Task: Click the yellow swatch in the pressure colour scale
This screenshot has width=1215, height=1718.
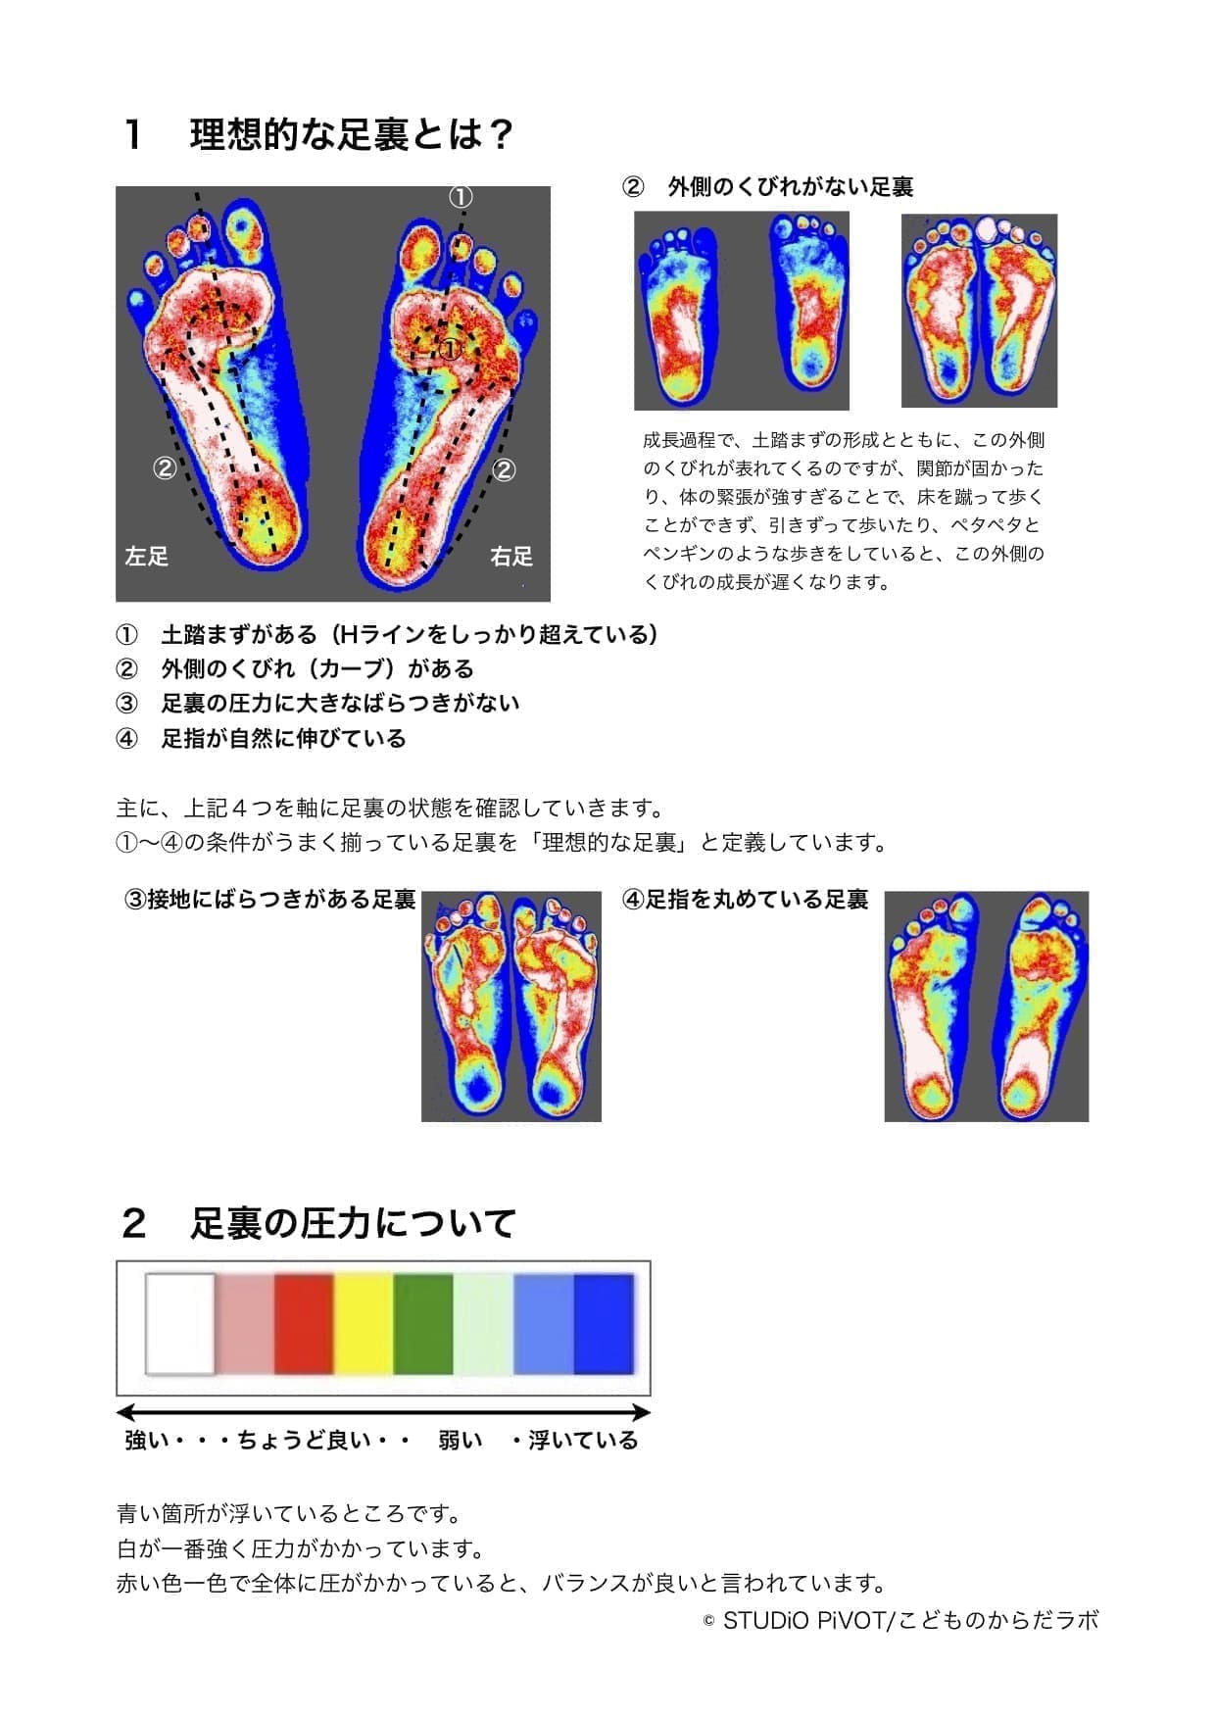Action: [x=364, y=1324]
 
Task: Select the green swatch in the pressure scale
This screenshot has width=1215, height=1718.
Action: [x=423, y=1324]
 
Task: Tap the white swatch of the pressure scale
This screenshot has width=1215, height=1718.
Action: [x=180, y=1324]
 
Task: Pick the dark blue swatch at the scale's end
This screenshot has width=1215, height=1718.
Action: [x=604, y=1324]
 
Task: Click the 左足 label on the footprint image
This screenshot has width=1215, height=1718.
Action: [x=147, y=557]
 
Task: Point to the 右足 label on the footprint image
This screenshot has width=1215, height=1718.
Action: [x=511, y=557]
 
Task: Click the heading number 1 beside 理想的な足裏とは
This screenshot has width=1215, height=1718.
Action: [x=134, y=135]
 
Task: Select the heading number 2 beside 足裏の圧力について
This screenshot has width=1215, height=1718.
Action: [x=134, y=1223]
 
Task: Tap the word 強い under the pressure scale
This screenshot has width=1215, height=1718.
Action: [x=147, y=1440]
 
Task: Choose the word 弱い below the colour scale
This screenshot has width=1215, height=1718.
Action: [x=461, y=1440]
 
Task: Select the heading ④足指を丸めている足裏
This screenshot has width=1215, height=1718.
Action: [x=746, y=900]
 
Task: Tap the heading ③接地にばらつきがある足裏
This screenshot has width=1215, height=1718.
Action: [x=270, y=900]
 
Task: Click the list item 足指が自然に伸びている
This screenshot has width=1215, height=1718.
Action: [x=283, y=738]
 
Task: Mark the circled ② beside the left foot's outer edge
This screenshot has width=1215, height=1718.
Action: [x=165, y=468]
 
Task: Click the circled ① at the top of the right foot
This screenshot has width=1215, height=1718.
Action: [x=461, y=197]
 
